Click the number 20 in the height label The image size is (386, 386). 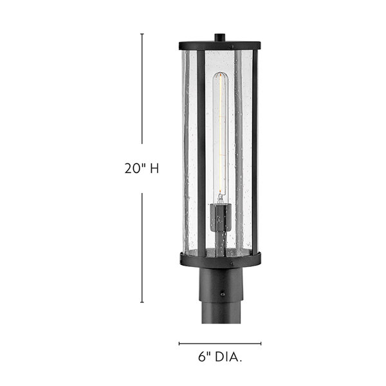click(x=134, y=169)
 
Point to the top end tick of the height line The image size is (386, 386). click(x=142, y=34)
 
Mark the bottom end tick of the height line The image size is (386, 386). click(x=142, y=302)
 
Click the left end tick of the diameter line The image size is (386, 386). click(x=179, y=344)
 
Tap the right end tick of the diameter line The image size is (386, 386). click(x=261, y=344)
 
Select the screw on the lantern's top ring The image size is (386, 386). click(x=234, y=45)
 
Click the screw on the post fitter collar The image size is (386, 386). click(x=222, y=295)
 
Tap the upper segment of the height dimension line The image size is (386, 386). click(x=142, y=90)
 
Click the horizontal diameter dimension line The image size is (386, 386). click(x=220, y=344)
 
